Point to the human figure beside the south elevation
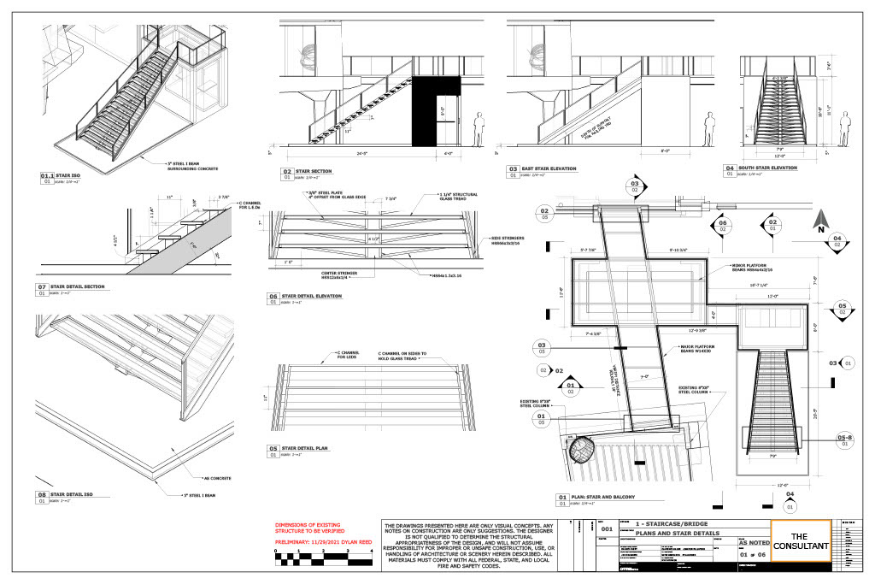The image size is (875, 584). coord(845,129)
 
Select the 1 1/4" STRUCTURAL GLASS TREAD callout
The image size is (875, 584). coord(442,198)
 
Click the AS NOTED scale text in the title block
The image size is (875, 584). coord(754,542)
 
